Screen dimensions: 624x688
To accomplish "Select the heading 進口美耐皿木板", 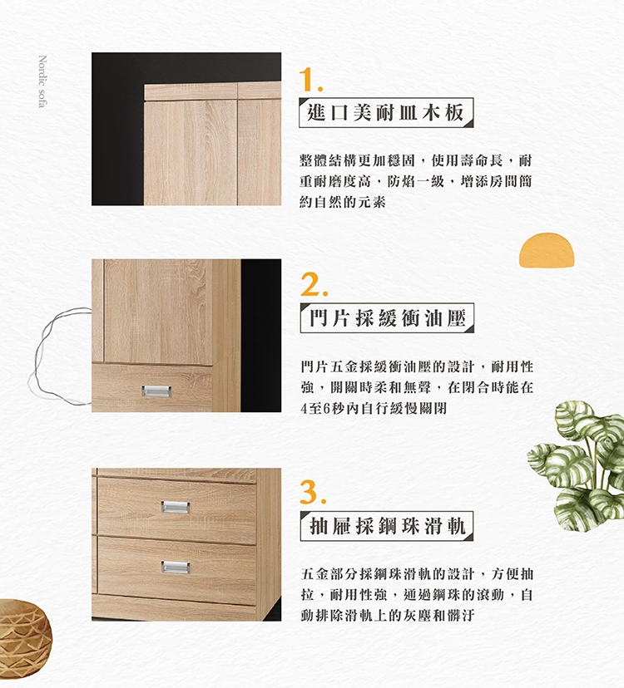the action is click(386, 113).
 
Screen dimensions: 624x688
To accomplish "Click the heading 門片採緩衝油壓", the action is click(387, 317).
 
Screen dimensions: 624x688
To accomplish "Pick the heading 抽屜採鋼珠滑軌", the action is click(387, 526).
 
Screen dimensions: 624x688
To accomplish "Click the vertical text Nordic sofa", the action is click(42, 81).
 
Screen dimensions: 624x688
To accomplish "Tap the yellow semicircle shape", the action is click(547, 250).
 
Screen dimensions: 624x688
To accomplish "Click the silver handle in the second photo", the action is click(156, 391).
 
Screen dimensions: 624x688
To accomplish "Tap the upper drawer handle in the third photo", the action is click(176, 507).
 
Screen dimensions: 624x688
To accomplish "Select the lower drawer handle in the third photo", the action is click(176, 568).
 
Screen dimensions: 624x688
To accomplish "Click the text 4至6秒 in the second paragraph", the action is click(322, 409).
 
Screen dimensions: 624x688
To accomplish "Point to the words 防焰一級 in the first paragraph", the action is click(416, 181).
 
